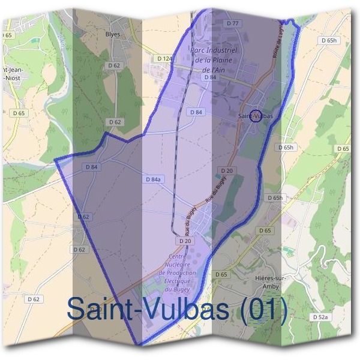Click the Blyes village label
click(x=113, y=34)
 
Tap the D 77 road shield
click(x=233, y=23)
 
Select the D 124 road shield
click(x=164, y=58)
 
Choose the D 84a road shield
click(x=154, y=179)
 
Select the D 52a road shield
click(x=320, y=316)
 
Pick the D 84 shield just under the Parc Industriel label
click(x=209, y=77)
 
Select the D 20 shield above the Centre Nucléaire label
click(x=185, y=241)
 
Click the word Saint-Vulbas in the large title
click(x=149, y=308)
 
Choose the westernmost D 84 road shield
click(x=91, y=167)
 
